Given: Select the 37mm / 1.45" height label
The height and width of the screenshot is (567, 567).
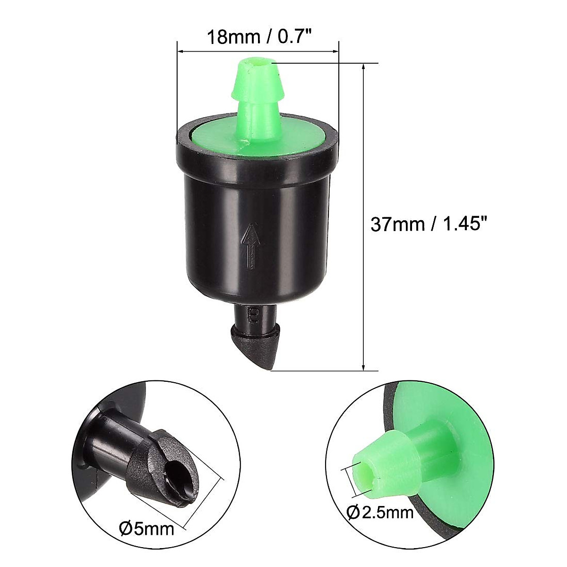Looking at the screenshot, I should coord(428,224).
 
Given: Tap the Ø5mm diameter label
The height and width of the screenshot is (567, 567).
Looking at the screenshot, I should coord(147,528).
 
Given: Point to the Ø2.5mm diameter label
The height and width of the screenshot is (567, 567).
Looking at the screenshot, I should coord(380,512).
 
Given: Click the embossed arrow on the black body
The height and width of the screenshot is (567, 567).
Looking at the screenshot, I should coord(251,246).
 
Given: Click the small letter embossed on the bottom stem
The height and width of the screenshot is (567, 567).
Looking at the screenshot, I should coord(253,313).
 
